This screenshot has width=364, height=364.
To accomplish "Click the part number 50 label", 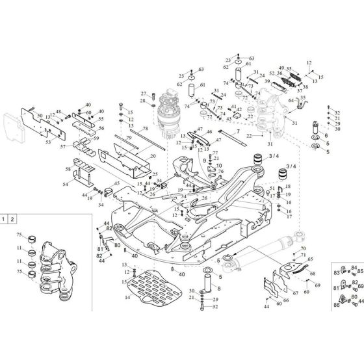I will coord(40,115).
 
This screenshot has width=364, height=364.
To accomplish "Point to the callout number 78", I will coord(145,129).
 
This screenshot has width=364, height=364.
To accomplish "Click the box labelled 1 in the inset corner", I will coord(5,220).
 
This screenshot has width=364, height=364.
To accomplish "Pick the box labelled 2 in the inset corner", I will coord(16,220).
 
